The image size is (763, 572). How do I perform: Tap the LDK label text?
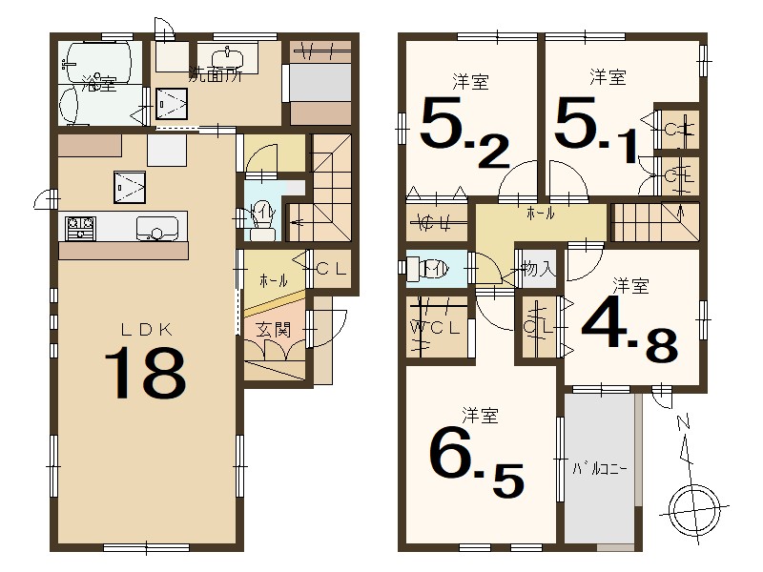[x=145, y=329]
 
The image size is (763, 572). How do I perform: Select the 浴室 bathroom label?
[x=98, y=84]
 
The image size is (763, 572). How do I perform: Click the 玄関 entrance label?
[x=273, y=330]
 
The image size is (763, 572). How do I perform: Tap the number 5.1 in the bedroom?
[x=594, y=133]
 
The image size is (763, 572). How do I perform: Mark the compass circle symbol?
[x=693, y=505]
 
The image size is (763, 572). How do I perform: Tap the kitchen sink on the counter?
[x=155, y=228]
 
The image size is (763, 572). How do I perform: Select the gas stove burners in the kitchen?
[x=80, y=228]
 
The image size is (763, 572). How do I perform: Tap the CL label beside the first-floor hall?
[x=331, y=268]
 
